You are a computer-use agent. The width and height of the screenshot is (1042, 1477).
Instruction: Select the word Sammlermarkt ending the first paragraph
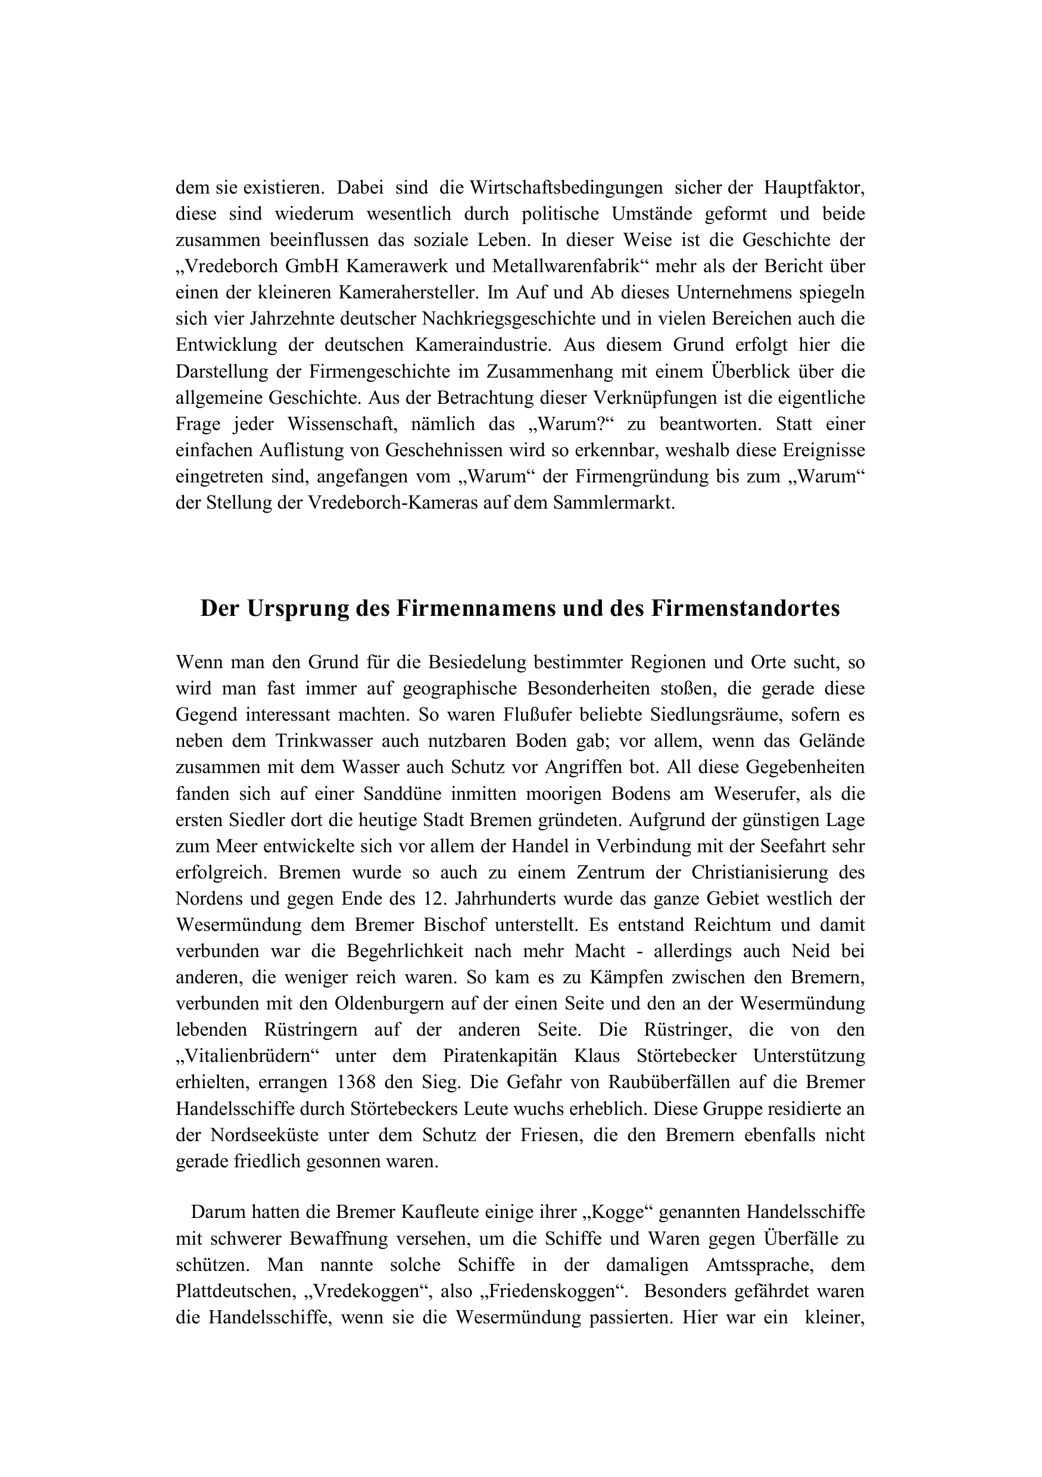click(x=614, y=503)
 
